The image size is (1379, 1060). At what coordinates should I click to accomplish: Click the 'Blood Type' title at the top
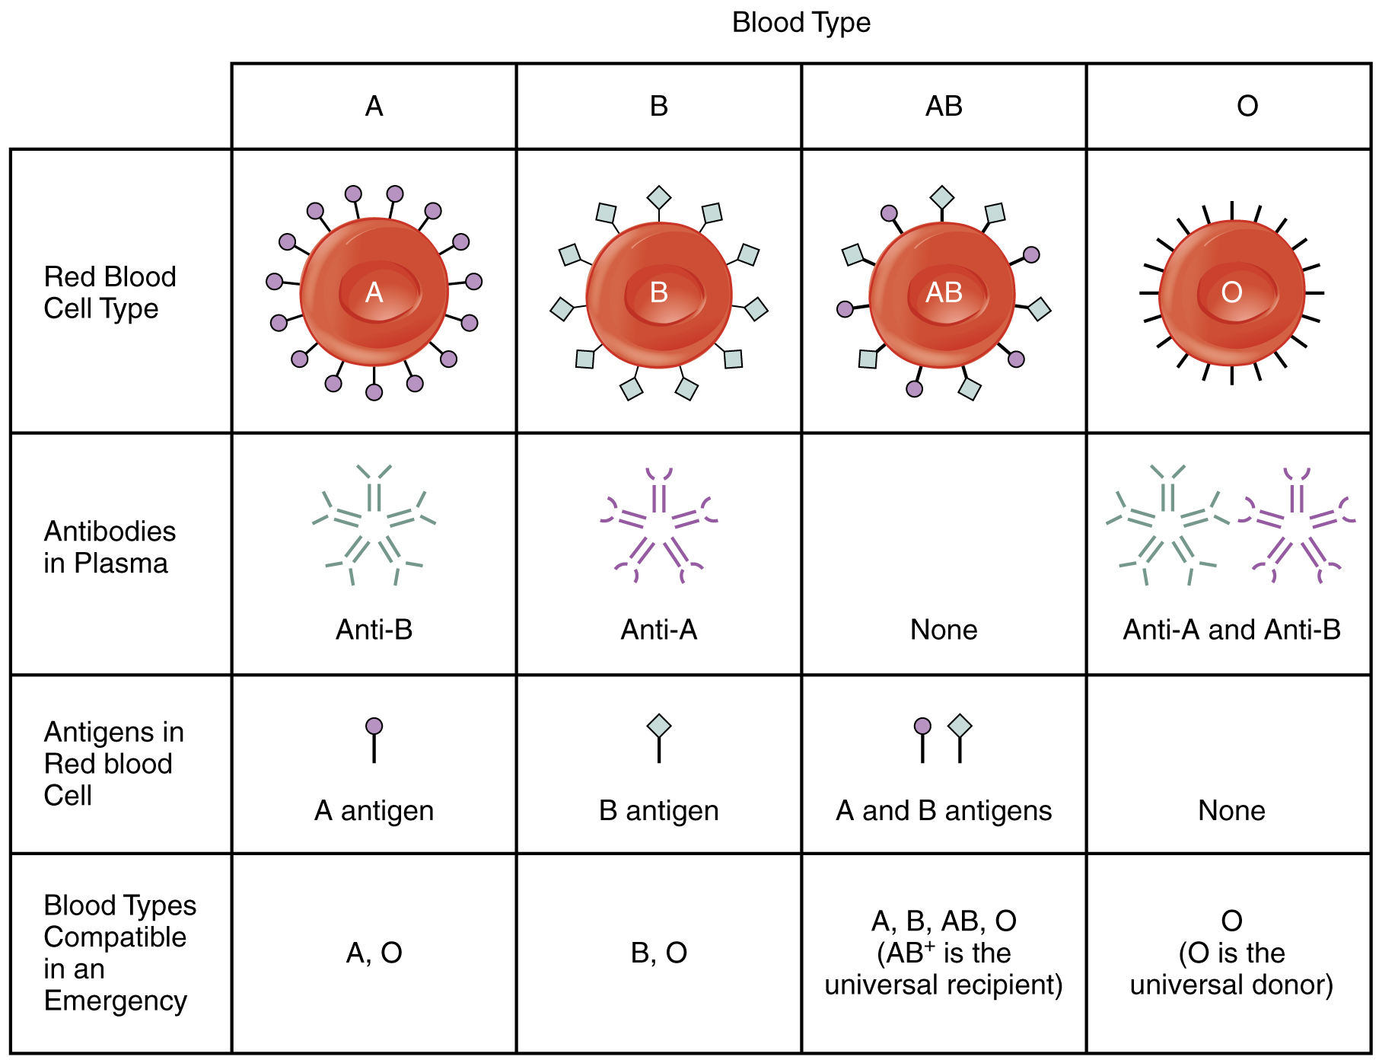(x=801, y=23)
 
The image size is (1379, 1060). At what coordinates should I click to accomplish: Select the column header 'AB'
(x=944, y=106)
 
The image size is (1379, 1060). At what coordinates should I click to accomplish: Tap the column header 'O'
(x=1247, y=106)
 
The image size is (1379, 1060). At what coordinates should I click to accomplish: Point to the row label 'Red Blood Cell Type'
(x=110, y=292)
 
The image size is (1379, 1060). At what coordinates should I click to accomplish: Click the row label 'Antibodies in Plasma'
(x=110, y=547)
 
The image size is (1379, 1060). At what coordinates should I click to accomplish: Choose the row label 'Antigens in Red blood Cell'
(x=113, y=763)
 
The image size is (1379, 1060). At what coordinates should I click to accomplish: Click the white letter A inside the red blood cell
(x=374, y=292)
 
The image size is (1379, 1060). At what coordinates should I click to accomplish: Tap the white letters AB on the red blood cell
(x=944, y=292)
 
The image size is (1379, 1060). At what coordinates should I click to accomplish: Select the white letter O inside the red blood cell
(x=1231, y=292)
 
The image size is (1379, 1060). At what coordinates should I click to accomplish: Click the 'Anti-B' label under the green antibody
(x=374, y=630)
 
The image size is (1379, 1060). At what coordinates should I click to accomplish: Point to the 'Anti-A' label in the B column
(x=659, y=630)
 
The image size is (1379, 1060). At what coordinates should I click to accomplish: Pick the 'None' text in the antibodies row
(x=944, y=630)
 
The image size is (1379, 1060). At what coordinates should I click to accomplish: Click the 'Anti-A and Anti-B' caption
(x=1231, y=630)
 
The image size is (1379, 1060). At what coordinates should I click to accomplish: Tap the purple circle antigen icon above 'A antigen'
(x=374, y=726)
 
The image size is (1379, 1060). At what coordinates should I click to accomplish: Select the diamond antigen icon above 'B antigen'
(x=659, y=726)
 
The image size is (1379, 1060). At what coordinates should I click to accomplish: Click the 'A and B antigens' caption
(x=944, y=811)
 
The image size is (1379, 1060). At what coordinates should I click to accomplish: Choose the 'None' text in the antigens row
(x=1231, y=811)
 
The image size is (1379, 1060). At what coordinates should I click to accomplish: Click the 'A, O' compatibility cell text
(x=374, y=953)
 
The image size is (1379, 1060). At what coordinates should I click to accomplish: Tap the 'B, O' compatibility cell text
(x=659, y=953)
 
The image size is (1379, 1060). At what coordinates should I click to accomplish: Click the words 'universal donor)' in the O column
(x=1231, y=985)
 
